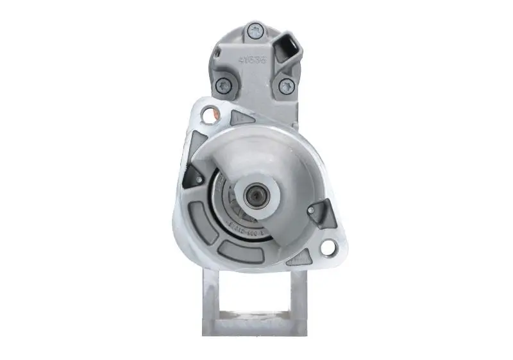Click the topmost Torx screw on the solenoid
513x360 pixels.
255,30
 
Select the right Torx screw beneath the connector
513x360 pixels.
285,86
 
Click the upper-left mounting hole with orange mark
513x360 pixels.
208,114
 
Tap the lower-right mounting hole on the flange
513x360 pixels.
326,247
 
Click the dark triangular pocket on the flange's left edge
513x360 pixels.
192,175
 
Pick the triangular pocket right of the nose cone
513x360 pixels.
321,212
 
